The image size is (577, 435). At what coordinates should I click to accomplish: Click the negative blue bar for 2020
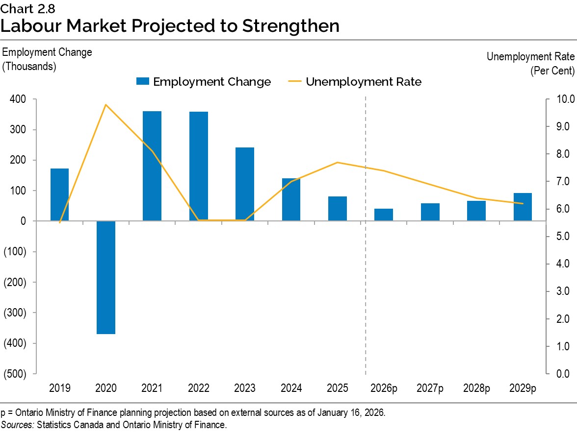pyautogui.click(x=106, y=277)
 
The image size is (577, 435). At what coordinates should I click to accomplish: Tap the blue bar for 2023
pyautogui.click(x=245, y=184)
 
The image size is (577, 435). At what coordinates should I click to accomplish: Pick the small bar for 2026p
pyautogui.click(x=384, y=215)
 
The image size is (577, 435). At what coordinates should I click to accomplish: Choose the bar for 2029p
pyautogui.click(x=523, y=207)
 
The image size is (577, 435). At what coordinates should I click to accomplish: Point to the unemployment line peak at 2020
pyautogui.click(x=106, y=104)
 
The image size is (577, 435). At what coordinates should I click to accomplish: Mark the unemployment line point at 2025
pyautogui.click(x=338, y=162)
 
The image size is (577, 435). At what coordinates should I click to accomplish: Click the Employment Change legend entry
pyautogui.click(x=204, y=82)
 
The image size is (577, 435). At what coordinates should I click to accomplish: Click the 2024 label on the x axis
pyautogui.click(x=291, y=388)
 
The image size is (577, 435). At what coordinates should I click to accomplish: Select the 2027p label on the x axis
pyautogui.click(x=430, y=388)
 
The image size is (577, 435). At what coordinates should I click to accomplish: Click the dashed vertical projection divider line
pyautogui.click(x=366, y=294)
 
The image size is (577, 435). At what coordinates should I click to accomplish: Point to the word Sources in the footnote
pyautogui.click(x=17, y=424)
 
